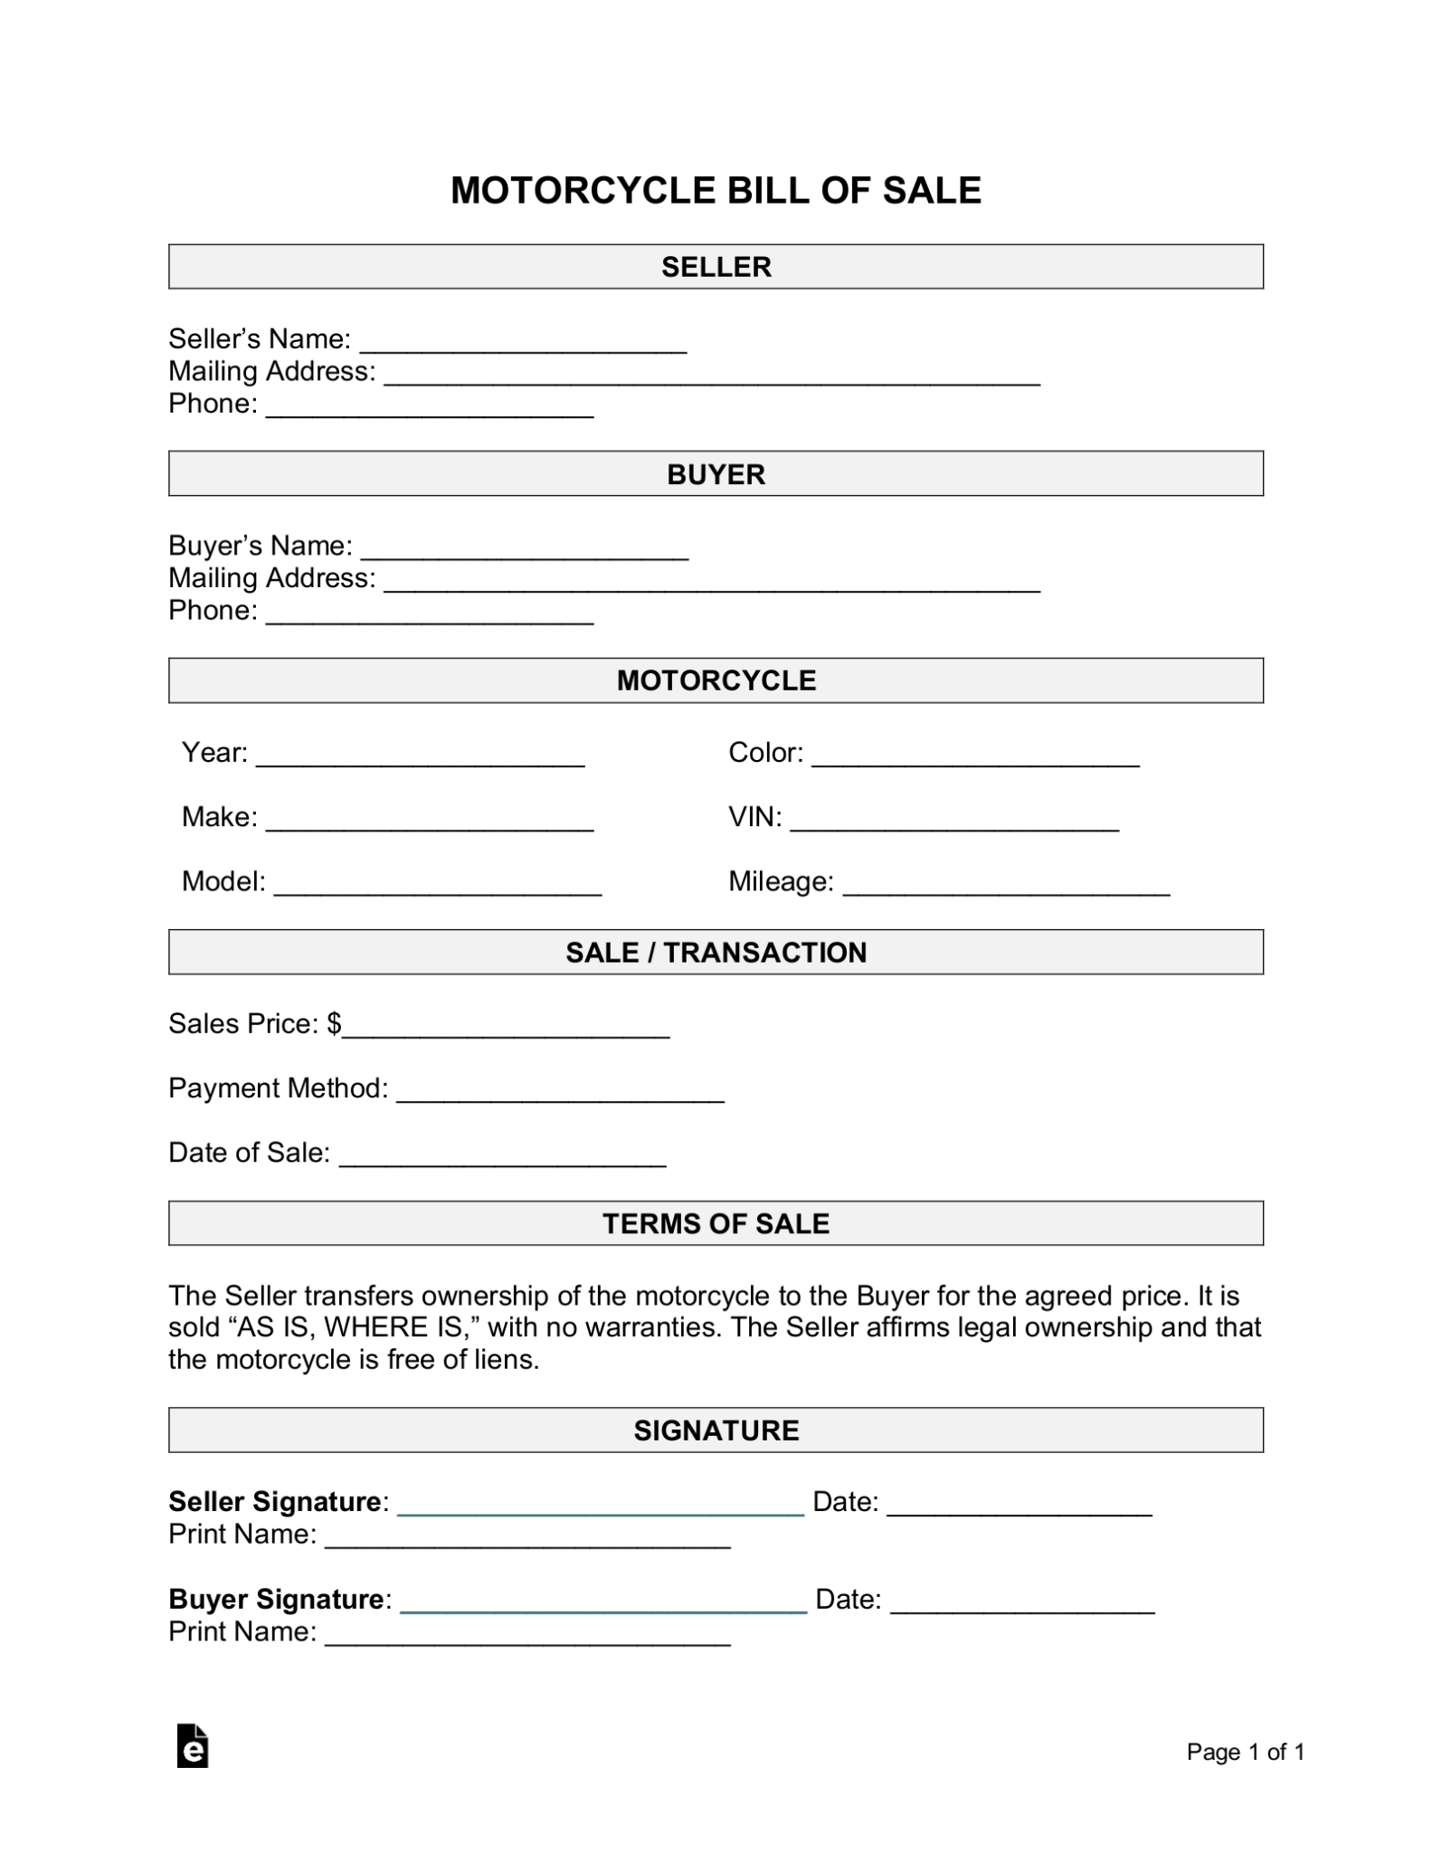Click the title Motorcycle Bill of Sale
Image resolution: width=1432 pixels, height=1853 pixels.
pyautogui.click(x=716, y=190)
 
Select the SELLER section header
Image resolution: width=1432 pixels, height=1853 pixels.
pyautogui.click(x=716, y=267)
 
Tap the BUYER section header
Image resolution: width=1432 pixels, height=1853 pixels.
pyautogui.click(x=716, y=474)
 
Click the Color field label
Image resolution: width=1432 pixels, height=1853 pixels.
pyautogui.click(x=765, y=753)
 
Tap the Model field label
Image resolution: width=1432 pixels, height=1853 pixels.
pyautogui.click(x=223, y=881)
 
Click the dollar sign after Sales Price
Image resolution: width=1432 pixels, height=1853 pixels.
pyautogui.click(x=334, y=1023)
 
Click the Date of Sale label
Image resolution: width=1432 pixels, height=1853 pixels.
pyautogui.click(x=249, y=1153)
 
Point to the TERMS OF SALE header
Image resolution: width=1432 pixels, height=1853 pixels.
pyautogui.click(x=716, y=1223)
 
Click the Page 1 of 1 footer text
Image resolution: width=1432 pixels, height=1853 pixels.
pyautogui.click(x=1245, y=1753)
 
